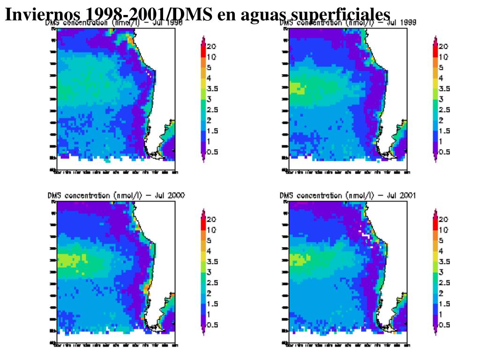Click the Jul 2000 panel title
click(116, 195)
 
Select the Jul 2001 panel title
click(347, 195)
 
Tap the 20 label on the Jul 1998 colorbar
click(211, 46)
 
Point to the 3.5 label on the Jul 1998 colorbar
click(213, 88)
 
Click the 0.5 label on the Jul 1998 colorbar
click(213, 152)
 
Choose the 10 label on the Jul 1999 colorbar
click(443, 57)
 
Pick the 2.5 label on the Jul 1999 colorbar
click(444, 110)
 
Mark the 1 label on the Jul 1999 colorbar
click(441, 141)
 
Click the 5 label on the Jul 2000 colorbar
click(209, 240)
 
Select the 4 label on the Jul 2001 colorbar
click(441, 251)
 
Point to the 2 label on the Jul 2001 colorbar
click(441, 293)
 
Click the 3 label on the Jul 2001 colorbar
click(441, 272)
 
